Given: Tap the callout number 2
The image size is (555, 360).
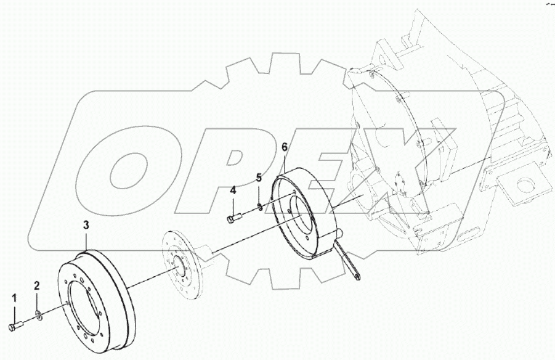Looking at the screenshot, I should pos(37,285).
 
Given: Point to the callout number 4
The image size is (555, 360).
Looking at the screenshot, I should pos(233,191).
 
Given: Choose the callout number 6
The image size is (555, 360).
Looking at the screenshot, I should pos(285,147).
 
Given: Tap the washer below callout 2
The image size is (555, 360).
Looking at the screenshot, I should pos(38,315).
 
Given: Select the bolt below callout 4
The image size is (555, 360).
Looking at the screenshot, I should pos(232,217).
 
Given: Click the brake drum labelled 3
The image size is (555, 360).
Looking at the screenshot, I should pos(99,290).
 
